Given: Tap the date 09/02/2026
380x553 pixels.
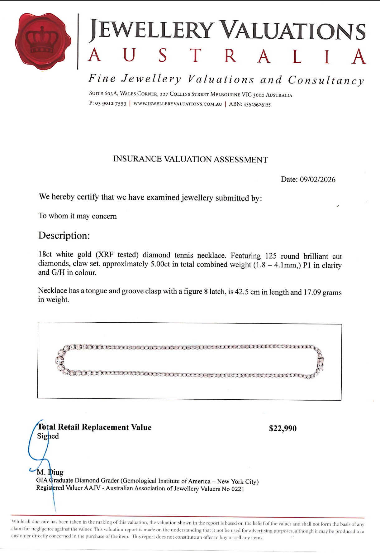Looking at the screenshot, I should (317, 180).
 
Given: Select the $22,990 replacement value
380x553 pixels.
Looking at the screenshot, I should (283, 429).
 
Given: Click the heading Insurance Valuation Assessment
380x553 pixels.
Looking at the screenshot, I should (190, 159).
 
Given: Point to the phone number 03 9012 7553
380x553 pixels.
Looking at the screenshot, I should (111, 103).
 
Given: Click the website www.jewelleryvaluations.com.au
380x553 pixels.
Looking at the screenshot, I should (178, 104).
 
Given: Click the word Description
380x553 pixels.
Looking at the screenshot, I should (64, 236).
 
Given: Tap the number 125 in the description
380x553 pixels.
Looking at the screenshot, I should (271, 256).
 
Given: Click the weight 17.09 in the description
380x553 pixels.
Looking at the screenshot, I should (312, 292).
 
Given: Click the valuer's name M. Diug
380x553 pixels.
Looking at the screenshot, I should (50, 472).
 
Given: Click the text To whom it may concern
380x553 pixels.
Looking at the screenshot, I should (78, 216).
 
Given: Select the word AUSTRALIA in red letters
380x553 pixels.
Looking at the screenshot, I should (227, 56).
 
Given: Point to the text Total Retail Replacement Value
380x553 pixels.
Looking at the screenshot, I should (94, 427).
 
